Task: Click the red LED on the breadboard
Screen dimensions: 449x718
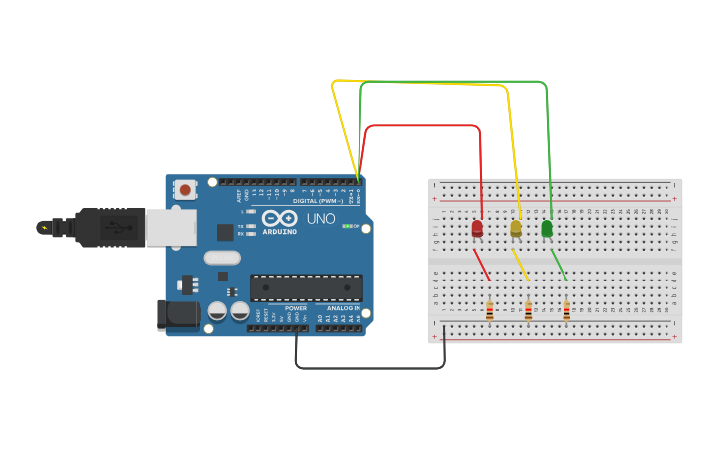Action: coord(477,229)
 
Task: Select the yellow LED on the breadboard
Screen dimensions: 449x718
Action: coord(515,229)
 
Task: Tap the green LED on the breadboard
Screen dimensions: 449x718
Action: coord(547,229)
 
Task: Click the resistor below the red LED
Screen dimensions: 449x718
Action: coord(490,311)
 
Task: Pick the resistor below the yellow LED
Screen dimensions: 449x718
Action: coord(528,311)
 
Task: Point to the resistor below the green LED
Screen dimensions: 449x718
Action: coord(566,311)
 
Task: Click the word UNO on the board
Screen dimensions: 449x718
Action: coord(321,218)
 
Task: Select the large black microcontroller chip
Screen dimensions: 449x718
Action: coord(306,287)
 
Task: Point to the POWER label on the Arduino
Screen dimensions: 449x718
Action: coord(296,308)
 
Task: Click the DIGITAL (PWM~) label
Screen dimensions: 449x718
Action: coord(318,201)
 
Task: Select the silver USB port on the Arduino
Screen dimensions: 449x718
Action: coord(170,227)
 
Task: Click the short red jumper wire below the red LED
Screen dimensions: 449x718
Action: coord(482,265)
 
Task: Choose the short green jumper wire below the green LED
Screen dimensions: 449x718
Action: coord(560,265)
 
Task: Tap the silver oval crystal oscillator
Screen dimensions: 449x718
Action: coord(223,258)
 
